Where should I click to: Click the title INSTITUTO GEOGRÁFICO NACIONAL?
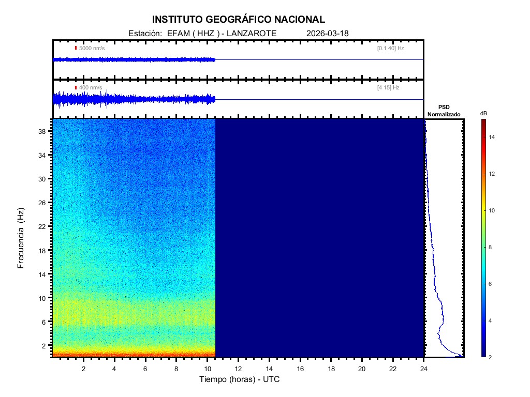(239, 20)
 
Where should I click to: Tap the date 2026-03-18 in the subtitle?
(328, 33)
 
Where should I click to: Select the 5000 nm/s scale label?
(92, 48)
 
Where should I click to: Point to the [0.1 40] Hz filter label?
(390, 48)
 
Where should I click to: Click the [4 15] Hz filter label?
(388, 88)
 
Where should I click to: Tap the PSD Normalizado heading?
(444, 110)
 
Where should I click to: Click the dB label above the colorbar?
(483, 113)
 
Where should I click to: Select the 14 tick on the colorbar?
(493, 137)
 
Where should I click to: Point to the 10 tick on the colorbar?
(493, 210)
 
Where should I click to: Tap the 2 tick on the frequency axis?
(45, 345)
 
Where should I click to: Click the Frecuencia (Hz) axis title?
(21, 238)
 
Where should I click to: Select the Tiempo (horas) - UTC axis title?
(240, 379)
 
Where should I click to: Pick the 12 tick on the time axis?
(239, 368)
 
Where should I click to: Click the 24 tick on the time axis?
(424, 368)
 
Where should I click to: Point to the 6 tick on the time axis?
(145, 368)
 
